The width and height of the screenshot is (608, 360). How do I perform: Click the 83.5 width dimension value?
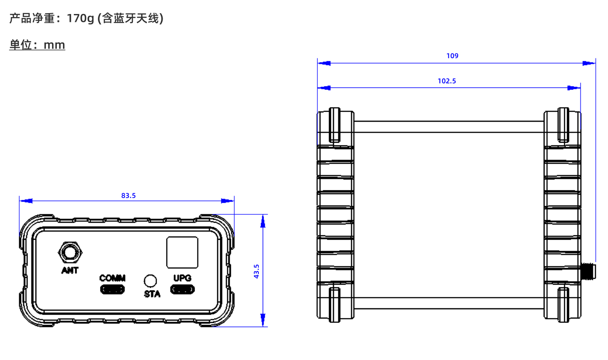pyautogui.click(x=129, y=196)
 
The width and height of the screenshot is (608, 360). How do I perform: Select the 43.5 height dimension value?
pyautogui.click(x=257, y=271)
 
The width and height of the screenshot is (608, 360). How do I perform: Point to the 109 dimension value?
pyautogui.click(x=452, y=56)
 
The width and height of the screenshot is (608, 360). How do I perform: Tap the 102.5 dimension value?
pyautogui.click(x=447, y=81)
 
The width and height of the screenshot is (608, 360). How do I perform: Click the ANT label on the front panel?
pyautogui.click(x=70, y=270)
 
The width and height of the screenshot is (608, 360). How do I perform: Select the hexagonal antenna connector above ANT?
pyautogui.click(x=70, y=253)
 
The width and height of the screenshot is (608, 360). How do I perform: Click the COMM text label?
pyautogui.click(x=112, y=278)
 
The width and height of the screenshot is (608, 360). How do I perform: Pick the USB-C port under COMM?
pyautogui.click(x=112, y=289)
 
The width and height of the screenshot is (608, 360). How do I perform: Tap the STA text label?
pyautogui.click(x=152, y=294)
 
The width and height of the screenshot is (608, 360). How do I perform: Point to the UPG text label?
pyautogui.click(x=182, y=278)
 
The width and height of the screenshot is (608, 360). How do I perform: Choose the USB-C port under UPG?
pyautogui.click(x=182, y=289)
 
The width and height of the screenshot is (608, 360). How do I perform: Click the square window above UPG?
pyautogui.click(x=182, y=252)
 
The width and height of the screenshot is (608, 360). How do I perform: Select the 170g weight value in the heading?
pyautogui.click(x=81, y=18)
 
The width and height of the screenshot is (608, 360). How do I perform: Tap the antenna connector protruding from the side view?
pyautogui.click(x=588, y=271)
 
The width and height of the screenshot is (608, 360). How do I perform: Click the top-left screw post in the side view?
pyautogui.click(x=334, y=125)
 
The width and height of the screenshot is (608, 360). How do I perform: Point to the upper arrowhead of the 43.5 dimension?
pyautogui.click(x=263, y=222)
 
